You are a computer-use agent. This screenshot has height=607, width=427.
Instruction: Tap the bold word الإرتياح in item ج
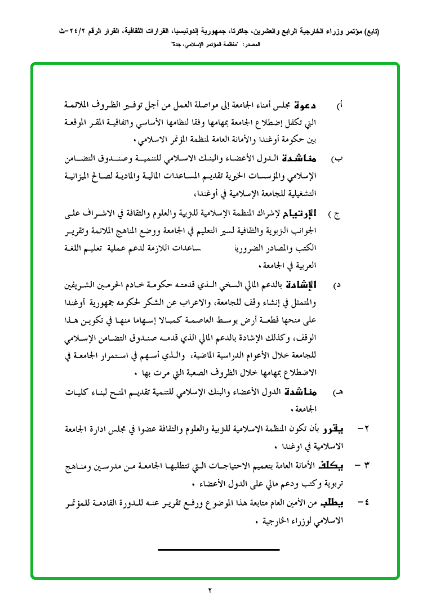pyautogui.click(x=322, y=213)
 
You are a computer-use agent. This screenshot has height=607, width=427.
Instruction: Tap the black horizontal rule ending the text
pyautogui.click(x=219, y=548)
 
